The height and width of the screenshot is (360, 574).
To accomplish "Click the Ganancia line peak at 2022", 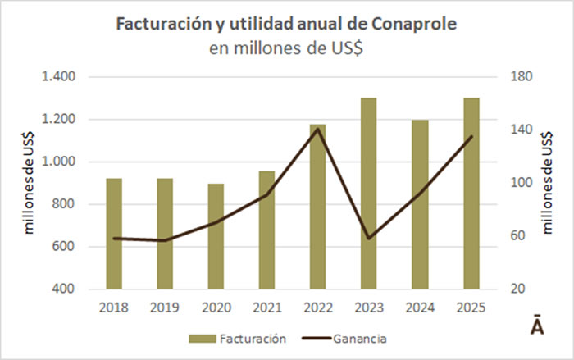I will point(317,128).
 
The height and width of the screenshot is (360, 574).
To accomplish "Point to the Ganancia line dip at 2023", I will point(368,238).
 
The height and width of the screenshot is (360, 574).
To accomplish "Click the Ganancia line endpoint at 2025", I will point(471,137).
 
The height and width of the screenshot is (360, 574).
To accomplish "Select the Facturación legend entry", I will point(238,338).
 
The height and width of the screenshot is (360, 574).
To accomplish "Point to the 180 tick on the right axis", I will point(522,77).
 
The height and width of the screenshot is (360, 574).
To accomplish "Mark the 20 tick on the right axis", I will point(518,289).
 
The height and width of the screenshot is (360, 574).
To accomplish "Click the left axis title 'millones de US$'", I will point(30,183).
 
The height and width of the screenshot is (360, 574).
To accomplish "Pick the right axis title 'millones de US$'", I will point(547,183).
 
